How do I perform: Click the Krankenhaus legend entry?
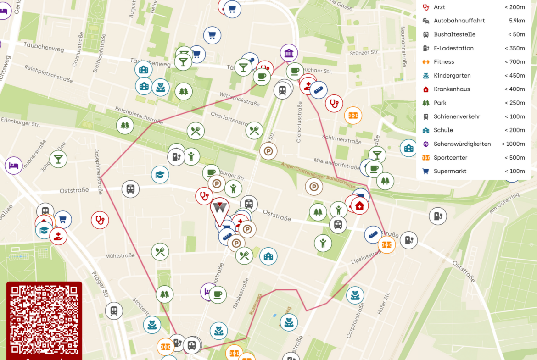(452, 89)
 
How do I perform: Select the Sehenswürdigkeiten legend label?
(462, 144)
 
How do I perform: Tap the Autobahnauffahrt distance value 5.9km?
(517, 21)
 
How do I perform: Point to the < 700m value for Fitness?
(515, 62)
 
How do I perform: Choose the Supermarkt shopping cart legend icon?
(426, 172)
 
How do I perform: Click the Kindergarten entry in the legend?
(452, 76)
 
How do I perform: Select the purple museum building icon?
(289, 53)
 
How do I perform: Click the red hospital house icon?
(359, 205)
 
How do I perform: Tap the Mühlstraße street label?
(120, 255)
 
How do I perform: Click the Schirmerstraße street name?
(341, 139)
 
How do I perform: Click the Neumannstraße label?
(404, 46)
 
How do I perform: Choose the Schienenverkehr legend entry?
(456, 116)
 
